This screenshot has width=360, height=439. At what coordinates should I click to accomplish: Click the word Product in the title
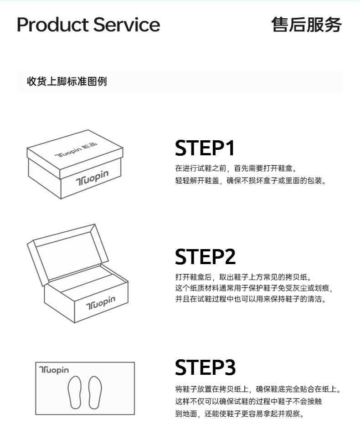53,25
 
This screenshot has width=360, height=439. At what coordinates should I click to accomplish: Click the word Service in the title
126,25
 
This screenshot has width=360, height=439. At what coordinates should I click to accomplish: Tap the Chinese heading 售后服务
306,25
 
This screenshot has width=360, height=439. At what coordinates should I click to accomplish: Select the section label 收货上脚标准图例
67,82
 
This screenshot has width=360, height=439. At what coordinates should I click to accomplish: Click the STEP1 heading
205,148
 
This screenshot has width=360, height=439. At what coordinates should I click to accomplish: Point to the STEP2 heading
205,257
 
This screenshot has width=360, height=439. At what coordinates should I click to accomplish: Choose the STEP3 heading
205,368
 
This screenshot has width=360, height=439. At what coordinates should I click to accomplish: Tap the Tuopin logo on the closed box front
92,178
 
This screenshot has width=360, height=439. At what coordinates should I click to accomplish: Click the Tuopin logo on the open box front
100,303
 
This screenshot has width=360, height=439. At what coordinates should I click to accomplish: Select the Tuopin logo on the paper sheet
54,370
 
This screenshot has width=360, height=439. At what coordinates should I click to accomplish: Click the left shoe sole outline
75,392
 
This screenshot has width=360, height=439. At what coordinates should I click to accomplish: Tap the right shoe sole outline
95,392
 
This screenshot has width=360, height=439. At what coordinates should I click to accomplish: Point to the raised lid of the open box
67,253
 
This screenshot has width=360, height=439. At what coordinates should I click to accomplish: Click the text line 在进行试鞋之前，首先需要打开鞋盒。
236,168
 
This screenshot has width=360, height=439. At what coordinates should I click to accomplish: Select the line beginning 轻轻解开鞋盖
251,181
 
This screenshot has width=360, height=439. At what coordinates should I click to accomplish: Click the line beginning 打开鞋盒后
244,277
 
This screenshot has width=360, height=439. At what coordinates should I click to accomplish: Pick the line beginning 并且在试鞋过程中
251,299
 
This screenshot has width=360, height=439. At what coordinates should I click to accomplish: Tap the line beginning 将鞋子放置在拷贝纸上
258,389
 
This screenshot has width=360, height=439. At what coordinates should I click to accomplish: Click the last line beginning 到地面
240,413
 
